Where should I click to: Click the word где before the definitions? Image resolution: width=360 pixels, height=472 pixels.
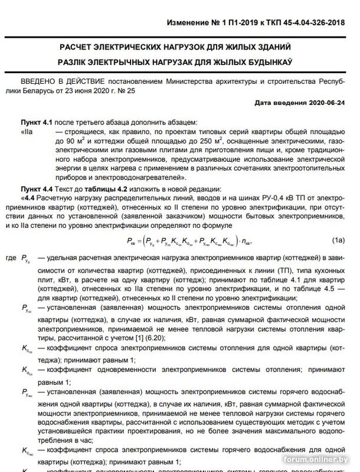point(10,258)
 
